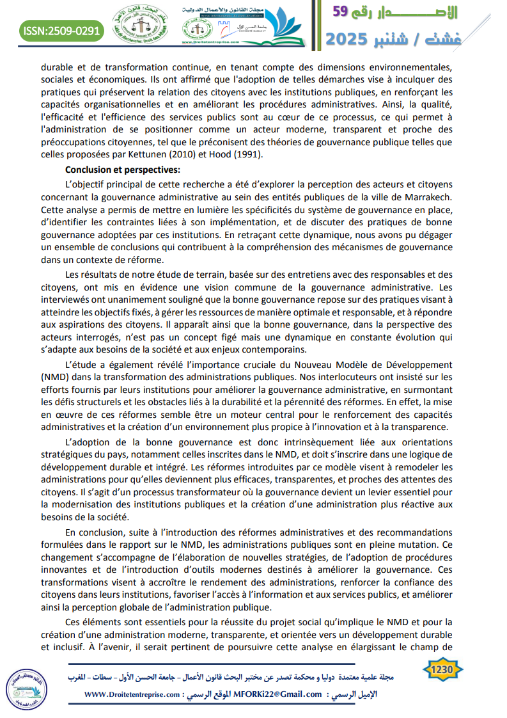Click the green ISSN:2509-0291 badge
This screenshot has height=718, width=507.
61,30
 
